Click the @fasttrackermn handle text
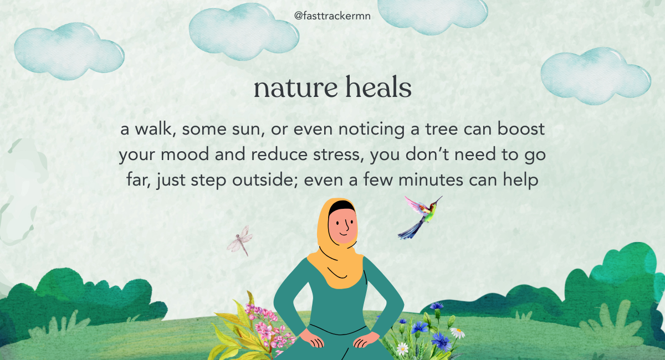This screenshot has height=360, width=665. click(x=332, y=16)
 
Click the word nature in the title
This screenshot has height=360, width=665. click(x=295, y=88)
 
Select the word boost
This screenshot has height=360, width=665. click(x=521, y=128)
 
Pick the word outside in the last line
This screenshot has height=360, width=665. click(x=265, y=179)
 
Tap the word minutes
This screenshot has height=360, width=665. click(x=431, y=180)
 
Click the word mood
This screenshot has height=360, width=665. click(x=185, y=155)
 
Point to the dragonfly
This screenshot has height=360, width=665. click(x=240, y=240)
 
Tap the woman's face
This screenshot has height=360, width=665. click(x=342, y=226)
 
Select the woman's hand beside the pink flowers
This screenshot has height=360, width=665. click(x=311, y=339)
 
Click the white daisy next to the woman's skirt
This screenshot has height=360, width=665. click(x=402, y=348)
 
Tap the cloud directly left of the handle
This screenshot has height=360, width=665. click(x=243, y=31)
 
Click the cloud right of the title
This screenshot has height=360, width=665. click(x=595, y=76)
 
